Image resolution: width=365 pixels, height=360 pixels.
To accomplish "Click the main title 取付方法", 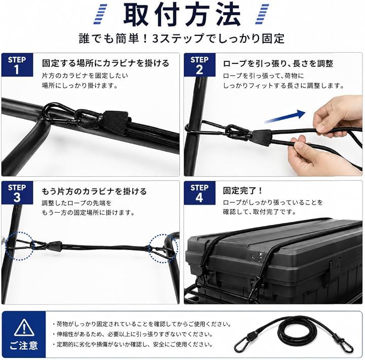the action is pyautogui.click(x=181, y=14).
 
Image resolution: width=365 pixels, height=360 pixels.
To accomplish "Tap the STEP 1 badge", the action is pyautogui.click(x=17, y=65).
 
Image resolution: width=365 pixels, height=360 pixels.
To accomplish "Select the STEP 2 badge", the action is pyautogui.click(x=200, y=65).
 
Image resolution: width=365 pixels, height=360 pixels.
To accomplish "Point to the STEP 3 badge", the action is pyautogui.click(x=17, y=192).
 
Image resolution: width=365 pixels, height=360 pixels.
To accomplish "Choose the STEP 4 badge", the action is pyautogui.click(x=200, y=192).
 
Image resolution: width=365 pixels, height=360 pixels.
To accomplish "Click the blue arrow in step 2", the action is pyautogui.click(x=284, y=117).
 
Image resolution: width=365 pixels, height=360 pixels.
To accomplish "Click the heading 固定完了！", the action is pyautogui.click(x=242, y=191).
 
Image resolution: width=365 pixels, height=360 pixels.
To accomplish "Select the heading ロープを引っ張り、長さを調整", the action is pyautogui.click(x=278, y=63).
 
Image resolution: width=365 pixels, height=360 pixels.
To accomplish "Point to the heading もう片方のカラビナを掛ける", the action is pyautogui.click(x=94, y=191).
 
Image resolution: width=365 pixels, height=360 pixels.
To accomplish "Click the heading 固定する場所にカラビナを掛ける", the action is pyautogui.click(x=105, y=63).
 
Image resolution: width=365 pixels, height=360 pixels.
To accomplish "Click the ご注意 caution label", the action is pyautogui.click(x=24, y=345).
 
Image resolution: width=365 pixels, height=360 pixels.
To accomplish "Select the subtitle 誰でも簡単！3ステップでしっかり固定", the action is pyautogui.click(x=181, y=38).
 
